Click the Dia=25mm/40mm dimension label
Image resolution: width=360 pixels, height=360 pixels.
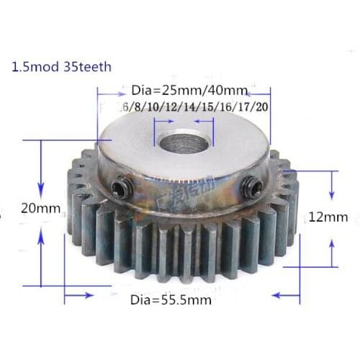coord(190,91)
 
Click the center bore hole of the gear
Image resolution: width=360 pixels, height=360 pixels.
coord(182,140)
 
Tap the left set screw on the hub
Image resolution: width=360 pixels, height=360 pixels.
coord(121,189)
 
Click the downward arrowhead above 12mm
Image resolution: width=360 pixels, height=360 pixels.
coord(332,195)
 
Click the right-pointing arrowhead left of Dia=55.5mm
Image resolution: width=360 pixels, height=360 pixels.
coord(88,294)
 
